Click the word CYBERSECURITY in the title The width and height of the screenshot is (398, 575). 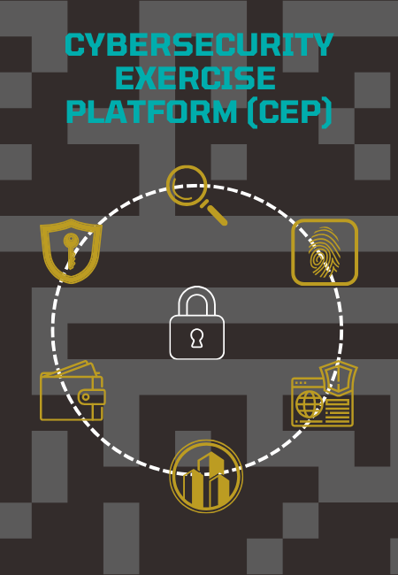[x=199, y=44]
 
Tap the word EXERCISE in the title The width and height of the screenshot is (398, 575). [x=195, y=78]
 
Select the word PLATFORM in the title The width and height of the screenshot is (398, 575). [x=152, y=111]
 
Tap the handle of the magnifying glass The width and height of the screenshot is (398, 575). [x=217, y=215]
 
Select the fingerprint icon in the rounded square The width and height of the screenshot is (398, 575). [x=325, y=252]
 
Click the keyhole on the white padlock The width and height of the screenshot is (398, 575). [x=197, y=338]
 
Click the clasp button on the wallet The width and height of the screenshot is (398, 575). [x=86, y=397]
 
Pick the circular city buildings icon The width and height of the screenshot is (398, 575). [x=206, y=476]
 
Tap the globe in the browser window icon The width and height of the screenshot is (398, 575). [x=309, y=404]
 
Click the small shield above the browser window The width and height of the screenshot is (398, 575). [x=338, y=378]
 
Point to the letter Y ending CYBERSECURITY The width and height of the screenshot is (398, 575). [x=323, y=44]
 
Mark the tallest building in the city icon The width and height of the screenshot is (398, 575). [x=210, y=479]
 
